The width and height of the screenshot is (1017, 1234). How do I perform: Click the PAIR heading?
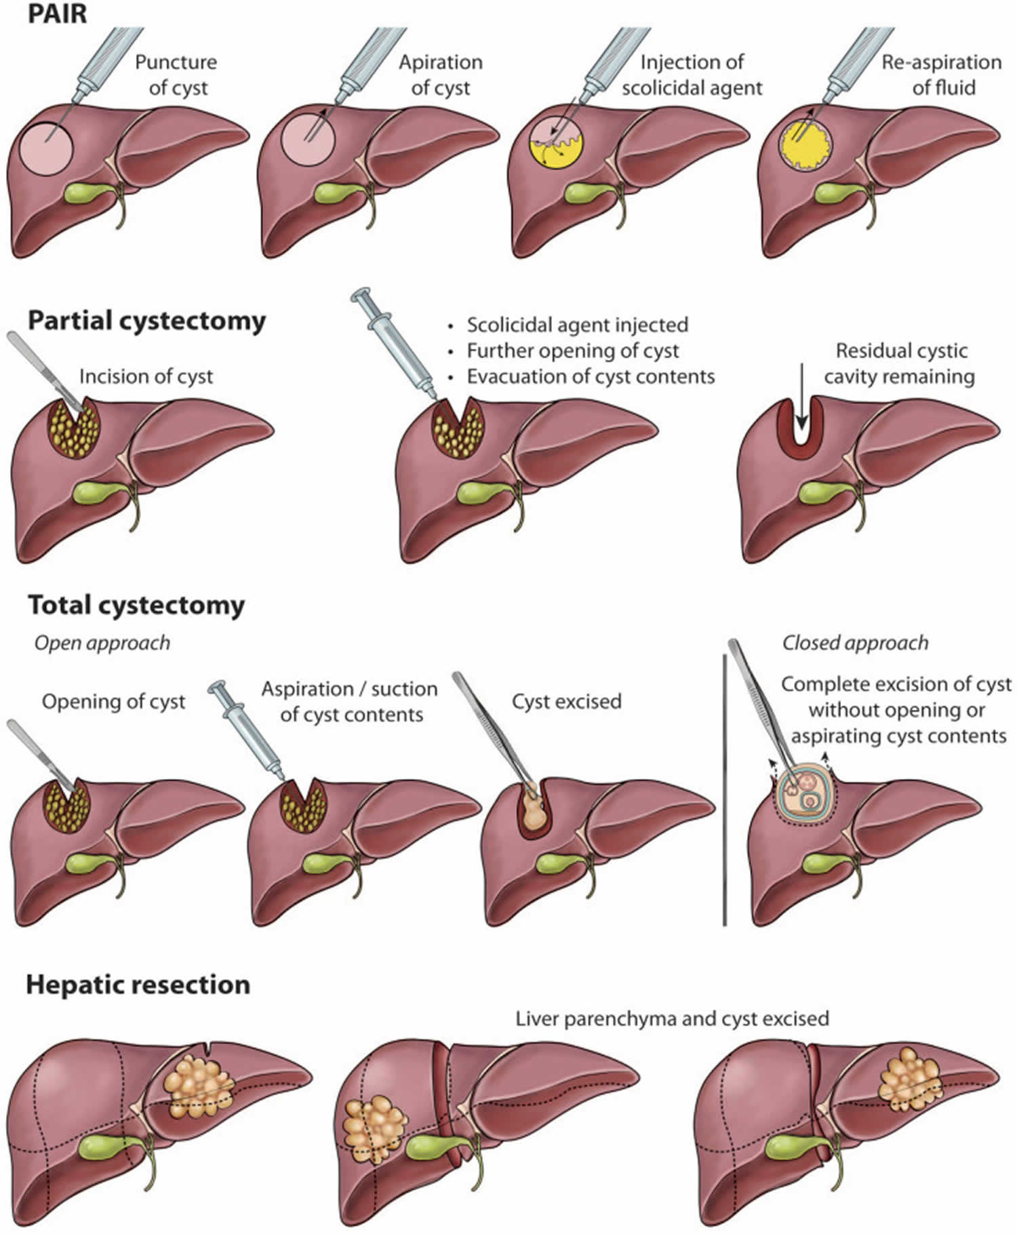57,14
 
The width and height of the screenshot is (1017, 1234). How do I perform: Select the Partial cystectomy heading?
146,321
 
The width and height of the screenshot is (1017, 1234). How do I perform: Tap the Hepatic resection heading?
138,984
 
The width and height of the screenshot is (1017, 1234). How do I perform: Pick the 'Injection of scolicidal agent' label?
692,75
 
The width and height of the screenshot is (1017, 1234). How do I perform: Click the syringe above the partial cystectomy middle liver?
400,346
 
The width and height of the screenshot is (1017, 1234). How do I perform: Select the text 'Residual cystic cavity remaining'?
900,363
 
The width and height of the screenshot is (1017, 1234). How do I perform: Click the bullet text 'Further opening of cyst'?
572,351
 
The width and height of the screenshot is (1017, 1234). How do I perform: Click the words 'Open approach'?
102,643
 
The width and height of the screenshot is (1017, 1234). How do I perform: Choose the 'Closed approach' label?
855,643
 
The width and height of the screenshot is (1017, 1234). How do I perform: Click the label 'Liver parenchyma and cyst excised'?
672,1018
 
